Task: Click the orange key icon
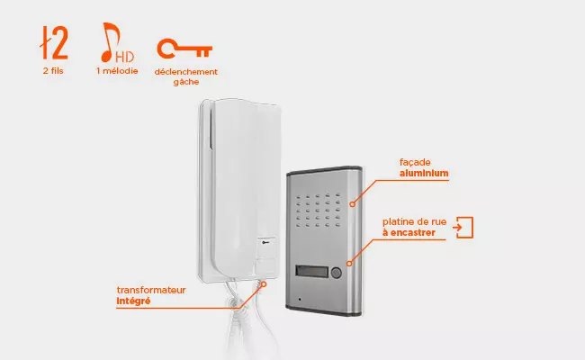coord(184,49)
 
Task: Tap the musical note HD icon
coord(117,42)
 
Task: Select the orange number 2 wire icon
coord(54,42)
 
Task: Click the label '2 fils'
coord(53,71)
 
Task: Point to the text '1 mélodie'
coord(117,71)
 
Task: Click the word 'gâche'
coord(186,82)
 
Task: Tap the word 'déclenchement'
coord(185,72)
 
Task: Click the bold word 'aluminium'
coord(424,173)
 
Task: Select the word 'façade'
coord(415,162)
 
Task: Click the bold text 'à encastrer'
coord(409,233)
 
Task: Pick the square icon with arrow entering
coord(463,227)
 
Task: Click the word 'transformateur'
coord(151,290)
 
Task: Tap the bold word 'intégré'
coord(133,301)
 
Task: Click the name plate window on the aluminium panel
coord(312,271)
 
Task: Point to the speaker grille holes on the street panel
coord(319,210)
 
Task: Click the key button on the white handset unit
coord(266,243)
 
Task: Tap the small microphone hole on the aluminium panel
coord(299,299)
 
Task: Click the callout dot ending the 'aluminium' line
coord(352,204)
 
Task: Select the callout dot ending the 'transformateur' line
coord(264,284)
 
